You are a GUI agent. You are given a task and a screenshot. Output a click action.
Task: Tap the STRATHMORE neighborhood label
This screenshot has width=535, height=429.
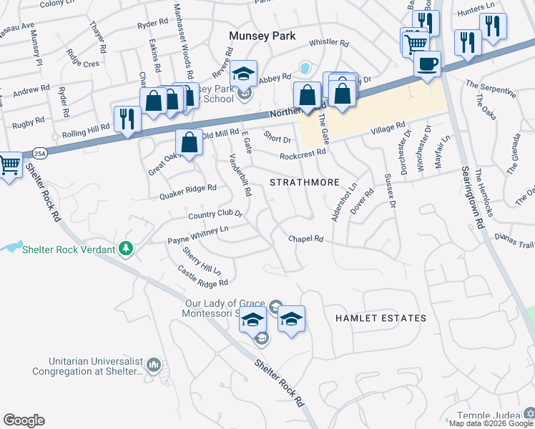click(x=304, y=183)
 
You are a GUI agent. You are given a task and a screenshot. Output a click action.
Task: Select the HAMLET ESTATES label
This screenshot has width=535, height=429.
click(x=381, y=318)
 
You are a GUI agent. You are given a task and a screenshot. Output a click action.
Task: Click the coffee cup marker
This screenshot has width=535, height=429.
click(x=427, y=64)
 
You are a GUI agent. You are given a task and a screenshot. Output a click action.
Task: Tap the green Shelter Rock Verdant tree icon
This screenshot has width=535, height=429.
click(x=127, y=248)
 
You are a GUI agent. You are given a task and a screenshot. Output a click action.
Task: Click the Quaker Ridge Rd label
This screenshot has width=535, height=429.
click(x=187, y=188)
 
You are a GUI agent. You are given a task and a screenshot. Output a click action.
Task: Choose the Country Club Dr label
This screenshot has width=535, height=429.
click(x=215, y=214)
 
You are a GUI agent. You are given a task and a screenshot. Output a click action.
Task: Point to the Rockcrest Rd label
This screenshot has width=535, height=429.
click(x=303, y=152)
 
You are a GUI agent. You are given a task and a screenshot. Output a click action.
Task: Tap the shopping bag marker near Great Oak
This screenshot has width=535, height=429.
click(x=189, y=142)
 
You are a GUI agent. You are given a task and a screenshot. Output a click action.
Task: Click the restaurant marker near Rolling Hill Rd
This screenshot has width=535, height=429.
click(x=127, y=119)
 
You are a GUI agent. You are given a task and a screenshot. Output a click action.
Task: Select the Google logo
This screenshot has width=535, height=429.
click(x=24, y=420)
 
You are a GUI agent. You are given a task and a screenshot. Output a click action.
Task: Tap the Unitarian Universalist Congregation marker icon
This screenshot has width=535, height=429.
click(x=153, y=366)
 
